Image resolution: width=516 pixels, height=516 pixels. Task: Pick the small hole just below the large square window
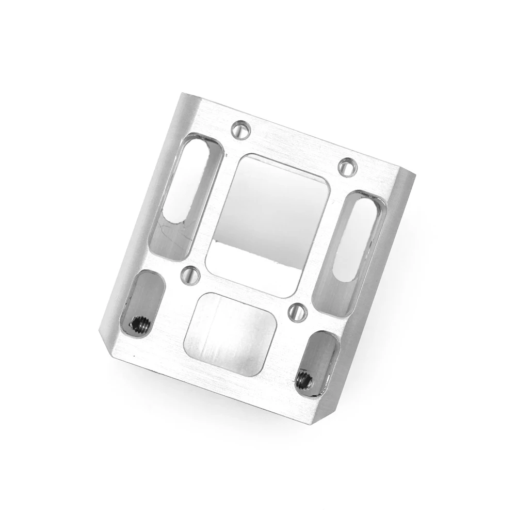[297, 311]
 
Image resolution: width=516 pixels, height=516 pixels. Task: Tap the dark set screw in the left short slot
[140, 324]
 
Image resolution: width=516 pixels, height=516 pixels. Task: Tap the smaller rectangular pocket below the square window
[231, 333]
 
